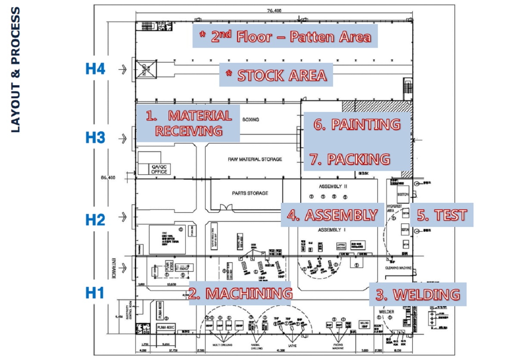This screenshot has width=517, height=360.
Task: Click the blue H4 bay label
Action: click(x=95, y=69)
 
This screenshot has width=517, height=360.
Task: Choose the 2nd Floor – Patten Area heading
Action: click(x=285, y=36)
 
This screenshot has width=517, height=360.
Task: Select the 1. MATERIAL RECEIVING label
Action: click(x=189, y=123)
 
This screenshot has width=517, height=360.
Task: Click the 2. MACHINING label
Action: click(x=240, y=293)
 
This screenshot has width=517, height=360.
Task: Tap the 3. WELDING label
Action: click(x=417, y=295)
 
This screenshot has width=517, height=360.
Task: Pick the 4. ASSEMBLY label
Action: click(x=332, y=215)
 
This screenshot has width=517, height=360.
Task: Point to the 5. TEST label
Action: click(x=442, y=215)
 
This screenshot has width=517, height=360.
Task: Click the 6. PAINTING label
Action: click(x=357, y=124)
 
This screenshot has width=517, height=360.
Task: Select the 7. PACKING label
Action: click(x=350, y=159)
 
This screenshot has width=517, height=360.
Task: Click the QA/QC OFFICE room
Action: click(x=159, y=169)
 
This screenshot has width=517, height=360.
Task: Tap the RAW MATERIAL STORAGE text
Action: click(x=255, y=159)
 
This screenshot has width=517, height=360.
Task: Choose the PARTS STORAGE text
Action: click(x=250, y=193)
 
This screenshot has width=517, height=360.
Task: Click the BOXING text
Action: click(x=251, y=119)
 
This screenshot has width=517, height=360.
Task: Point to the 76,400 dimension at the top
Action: click(x=274, y=11)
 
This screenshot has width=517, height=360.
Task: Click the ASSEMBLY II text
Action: click(x=333, y=187)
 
